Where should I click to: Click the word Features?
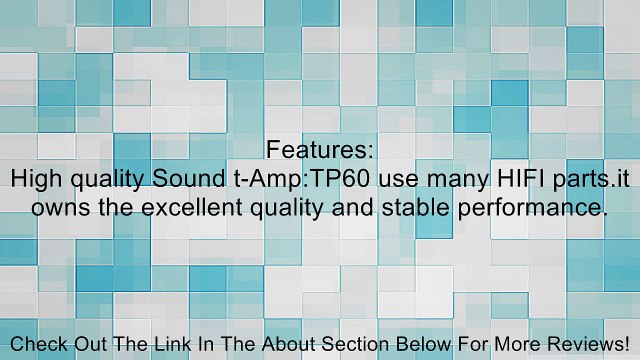(320, 151)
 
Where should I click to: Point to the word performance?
(532, 209)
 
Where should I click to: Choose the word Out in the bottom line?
(88, 344)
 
